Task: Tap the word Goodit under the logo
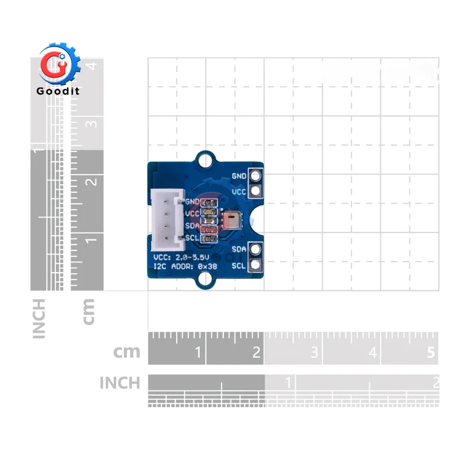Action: [58, 91]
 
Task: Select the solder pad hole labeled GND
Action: [256, 176]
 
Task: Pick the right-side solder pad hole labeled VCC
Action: [256, 191]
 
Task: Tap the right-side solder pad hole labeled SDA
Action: [256, 249]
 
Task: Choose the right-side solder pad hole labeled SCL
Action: [256, 265]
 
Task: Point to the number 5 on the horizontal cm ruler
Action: [431, 353]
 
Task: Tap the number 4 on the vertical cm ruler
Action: [93, 65]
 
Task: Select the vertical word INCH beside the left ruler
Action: [39, 318]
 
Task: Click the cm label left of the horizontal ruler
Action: [127, 352]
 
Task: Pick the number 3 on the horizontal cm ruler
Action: [315, 353]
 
